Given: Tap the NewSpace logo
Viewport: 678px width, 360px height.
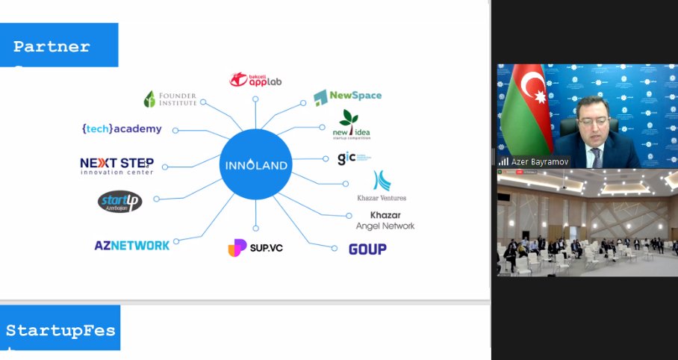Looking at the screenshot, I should point(348,96).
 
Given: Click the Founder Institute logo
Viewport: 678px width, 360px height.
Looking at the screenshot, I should point(170,99).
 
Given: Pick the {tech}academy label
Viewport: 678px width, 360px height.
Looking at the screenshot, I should point(122,128).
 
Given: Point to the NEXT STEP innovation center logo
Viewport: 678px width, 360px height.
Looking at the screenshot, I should point(117,166).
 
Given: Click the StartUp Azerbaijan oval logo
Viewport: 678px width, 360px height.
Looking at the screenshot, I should point(119,202).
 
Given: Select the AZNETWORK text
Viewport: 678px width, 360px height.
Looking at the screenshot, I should point(131,245).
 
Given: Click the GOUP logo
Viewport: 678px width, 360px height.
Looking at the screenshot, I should point(367,249).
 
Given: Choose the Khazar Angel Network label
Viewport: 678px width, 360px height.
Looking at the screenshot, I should point(385,220).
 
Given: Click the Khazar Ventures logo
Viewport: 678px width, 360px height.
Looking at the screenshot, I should point(382,186).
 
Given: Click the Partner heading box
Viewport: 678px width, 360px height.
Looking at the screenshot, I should point(59,46).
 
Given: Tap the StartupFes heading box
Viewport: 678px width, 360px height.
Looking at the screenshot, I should point(60,329).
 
